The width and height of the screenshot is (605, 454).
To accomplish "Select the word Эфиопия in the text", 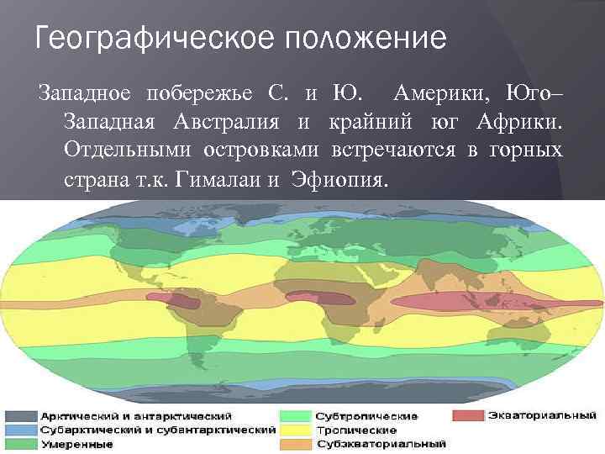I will [x=339, y=180].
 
